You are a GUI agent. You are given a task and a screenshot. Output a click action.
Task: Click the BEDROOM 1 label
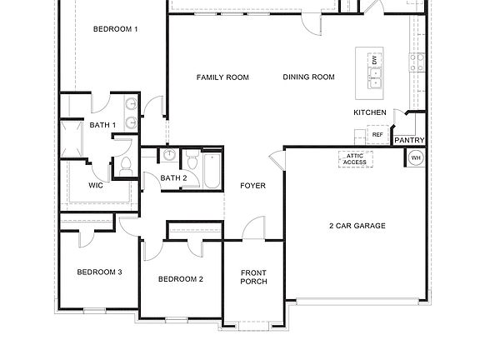tap(115, 29)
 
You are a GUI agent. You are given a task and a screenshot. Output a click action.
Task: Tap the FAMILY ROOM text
tap(222, 77)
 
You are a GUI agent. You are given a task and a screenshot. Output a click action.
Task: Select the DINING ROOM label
tap(308, 77)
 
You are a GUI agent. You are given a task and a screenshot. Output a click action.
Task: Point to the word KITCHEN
tap(370, 112)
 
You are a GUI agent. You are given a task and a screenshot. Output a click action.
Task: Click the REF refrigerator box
tap(377, 134)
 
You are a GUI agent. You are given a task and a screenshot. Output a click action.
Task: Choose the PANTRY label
tap(409, 140)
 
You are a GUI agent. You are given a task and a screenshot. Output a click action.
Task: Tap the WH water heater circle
tap(416, 157)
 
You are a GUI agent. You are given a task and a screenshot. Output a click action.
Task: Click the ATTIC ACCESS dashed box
tap(355, 159)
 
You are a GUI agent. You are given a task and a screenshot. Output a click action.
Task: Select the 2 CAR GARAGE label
tap(356, 225)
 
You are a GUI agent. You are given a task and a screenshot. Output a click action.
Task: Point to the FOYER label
tap(252, 186)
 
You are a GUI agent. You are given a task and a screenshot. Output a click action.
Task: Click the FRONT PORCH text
tap(253, 277)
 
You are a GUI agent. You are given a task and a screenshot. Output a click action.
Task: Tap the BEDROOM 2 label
tap(181, 279)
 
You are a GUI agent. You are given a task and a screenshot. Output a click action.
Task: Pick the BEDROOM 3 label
tap(100, 272)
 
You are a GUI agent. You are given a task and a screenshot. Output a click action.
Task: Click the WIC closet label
tap(96, 185)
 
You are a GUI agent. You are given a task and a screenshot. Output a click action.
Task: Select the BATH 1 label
tap(102, 125)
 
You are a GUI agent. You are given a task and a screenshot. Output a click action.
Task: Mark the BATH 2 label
tap(173, 177)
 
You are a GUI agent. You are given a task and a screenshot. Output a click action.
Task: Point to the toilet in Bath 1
tap(126, 167)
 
